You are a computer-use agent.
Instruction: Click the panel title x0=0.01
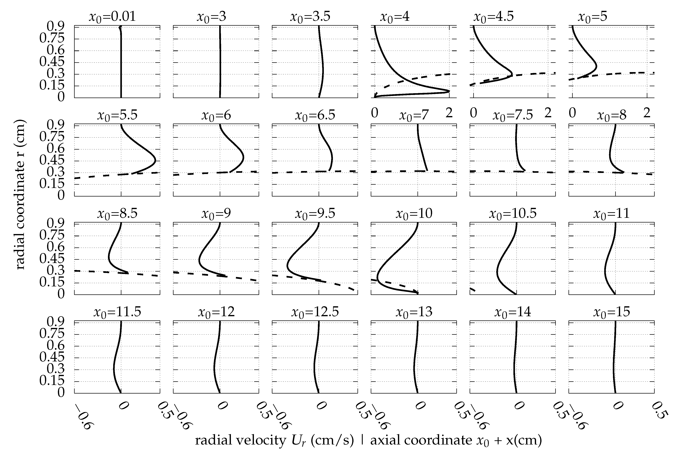pyautogui.click(x=112, y=17)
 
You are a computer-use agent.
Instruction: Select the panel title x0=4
pyautogui.click(x=395, y=17)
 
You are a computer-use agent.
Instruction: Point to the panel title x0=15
pyautogui.click(x=612, y=312)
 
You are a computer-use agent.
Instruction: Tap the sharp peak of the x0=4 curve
pyautogui.click(x=449, y=91)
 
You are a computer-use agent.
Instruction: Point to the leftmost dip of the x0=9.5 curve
pyautogui.click(x=287, y=265)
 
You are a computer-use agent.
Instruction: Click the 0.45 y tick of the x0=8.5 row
pyautogui.click(x=52, y=259)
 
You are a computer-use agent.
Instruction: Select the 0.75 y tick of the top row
pyautogui.click(x=52, y=38)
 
